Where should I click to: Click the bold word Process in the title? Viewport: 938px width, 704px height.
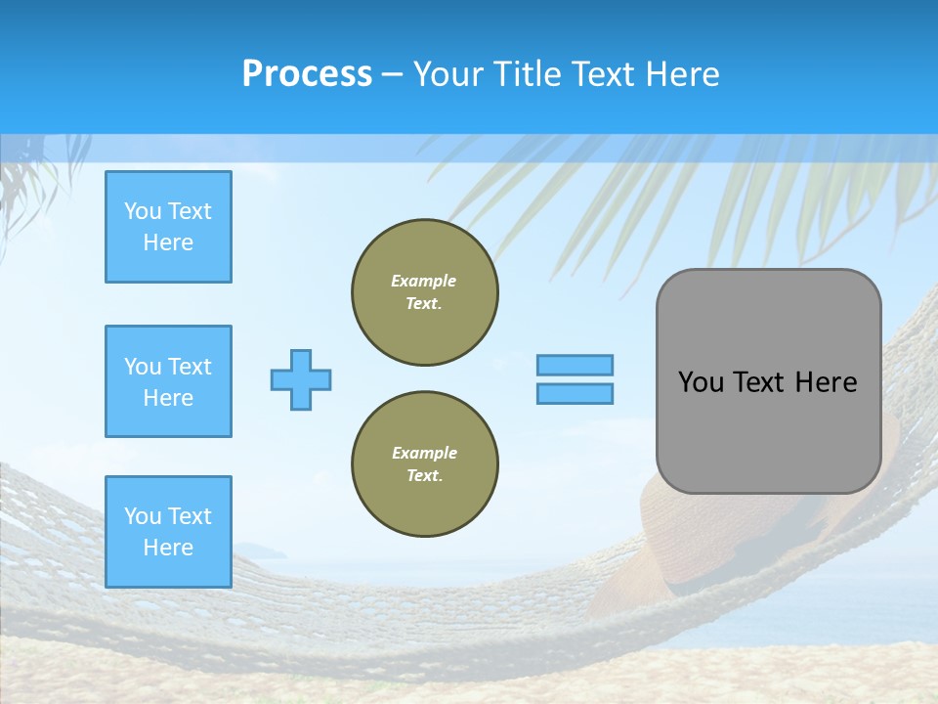coord(307,74)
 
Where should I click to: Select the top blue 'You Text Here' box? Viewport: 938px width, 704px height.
coord(168,227)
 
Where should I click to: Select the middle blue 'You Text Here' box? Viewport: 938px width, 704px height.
coord(168,381)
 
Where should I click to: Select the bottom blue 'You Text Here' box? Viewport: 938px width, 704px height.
coord(168,531)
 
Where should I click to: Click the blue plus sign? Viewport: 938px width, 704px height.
coord(301,379)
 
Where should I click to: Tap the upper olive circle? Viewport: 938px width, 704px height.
coord(424,292)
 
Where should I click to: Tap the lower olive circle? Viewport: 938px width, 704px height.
coord(424,464)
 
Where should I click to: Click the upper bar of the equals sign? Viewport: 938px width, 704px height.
coord(575,365)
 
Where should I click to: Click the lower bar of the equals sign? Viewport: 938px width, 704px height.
coord(575,393)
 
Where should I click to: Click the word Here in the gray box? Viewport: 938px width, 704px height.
coord(826,382)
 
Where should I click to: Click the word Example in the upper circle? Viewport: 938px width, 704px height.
coord(424,281)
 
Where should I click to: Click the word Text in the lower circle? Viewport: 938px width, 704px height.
coord(424,476)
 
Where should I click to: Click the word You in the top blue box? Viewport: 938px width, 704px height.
coord(142,211)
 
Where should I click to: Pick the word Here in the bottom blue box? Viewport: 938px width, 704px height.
coord(168,548)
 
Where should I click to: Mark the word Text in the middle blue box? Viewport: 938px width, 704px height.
coord(191,367)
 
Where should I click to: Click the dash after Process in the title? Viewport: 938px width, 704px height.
coord(392,74)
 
